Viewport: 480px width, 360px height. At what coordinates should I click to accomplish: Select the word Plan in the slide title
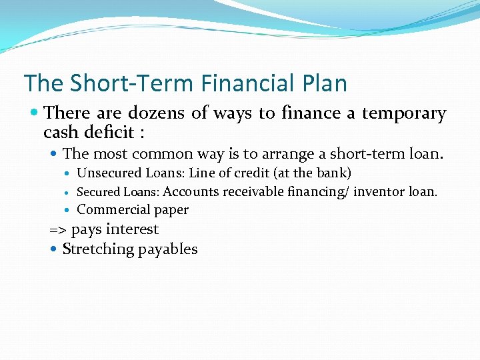(323, 83)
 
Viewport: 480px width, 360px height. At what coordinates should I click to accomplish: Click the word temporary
(403, 113)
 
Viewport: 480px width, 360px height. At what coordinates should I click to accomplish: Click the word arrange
(291, 154)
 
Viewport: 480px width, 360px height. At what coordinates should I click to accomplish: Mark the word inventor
(379, 192)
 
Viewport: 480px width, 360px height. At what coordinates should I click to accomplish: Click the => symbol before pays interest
(58, 230)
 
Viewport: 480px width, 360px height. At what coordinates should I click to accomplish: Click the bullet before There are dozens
(35, 114)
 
